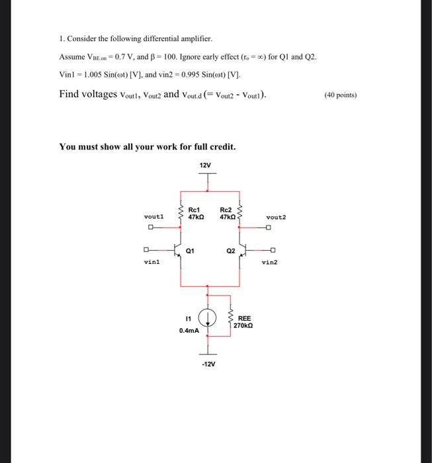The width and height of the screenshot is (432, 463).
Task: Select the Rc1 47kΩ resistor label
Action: pos(196,213)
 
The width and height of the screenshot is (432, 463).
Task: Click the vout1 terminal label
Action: pos(153,216)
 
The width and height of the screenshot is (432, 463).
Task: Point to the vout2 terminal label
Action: pos(276,217)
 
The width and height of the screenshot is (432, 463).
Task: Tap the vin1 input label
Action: pos(152,262)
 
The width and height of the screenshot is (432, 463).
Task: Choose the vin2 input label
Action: pos(270,262)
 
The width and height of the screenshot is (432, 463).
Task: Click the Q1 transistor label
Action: pos(191,251)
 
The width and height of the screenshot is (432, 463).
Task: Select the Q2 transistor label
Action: pos(230,251)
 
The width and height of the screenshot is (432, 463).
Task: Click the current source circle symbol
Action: pos(208,318)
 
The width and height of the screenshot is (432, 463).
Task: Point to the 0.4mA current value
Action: pos(189,329)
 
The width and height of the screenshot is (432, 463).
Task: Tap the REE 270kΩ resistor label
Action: pos(244,322)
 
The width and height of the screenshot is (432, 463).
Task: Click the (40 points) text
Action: pos(341,95)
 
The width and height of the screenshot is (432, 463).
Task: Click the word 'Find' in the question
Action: pos(69,94)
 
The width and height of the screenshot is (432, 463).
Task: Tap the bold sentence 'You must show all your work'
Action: pos(148,146)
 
